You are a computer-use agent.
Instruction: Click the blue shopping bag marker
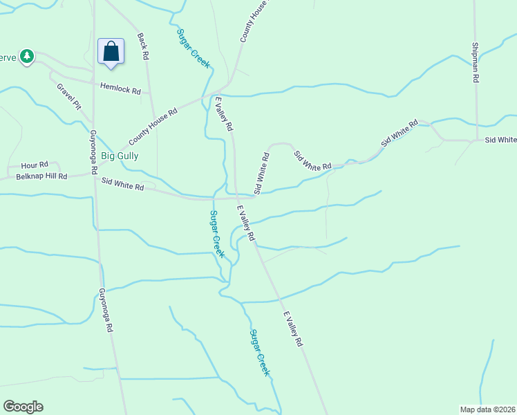(111, 52)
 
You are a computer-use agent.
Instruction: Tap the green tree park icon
(27, 56)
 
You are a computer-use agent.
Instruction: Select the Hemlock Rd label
(120, 89)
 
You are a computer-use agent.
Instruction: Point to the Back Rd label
(143, 46)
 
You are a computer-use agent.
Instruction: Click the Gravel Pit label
(69, 98)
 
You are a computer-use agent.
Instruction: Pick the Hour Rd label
(35, 165)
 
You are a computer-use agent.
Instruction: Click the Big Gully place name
(120, 156)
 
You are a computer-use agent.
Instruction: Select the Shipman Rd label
(476, 63)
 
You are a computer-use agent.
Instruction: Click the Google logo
(23, 407)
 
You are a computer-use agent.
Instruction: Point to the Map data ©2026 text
(487, 409)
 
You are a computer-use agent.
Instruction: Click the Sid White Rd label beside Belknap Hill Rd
(122, 184)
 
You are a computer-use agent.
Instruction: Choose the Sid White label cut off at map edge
(500, 140)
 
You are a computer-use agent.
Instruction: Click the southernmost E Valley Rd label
(293, 329)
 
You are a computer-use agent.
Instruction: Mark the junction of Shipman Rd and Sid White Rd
(476, 140)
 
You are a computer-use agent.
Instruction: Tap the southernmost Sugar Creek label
(259, 353)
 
